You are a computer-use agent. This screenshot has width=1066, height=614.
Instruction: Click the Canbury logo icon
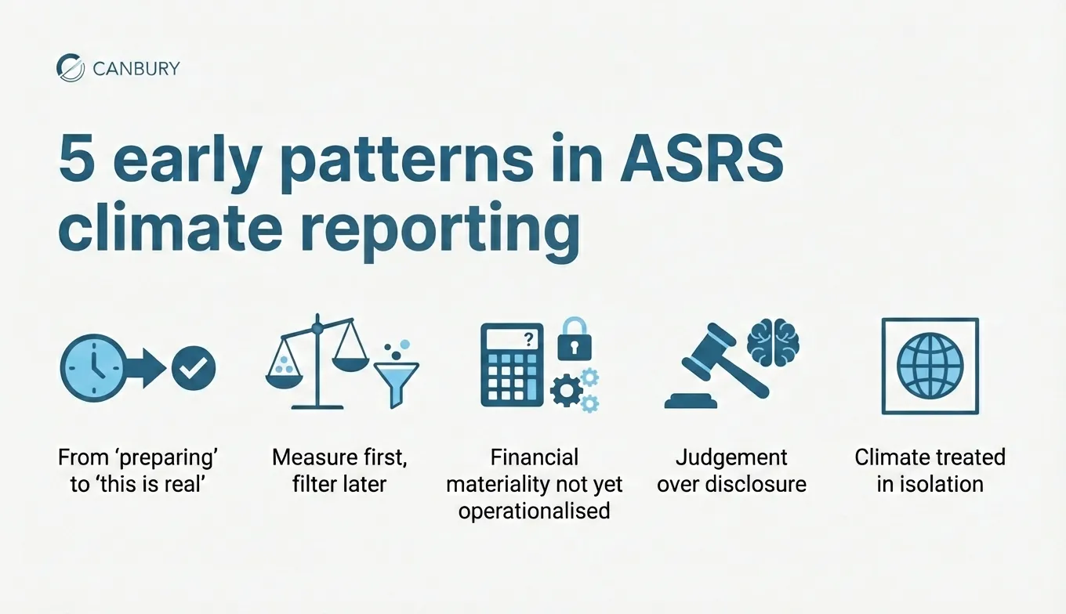coord(71,67)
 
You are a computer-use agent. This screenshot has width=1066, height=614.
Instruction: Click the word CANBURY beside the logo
coord(136,68)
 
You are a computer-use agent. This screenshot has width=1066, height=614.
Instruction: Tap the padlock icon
coord(574,338)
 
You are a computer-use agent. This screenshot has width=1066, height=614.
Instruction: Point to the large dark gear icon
coord(566,389)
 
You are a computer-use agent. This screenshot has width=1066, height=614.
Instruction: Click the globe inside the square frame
coord(930,366)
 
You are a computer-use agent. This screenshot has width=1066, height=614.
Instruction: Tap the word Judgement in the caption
coord(731,457)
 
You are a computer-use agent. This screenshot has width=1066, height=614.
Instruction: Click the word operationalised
coord(534,511)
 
